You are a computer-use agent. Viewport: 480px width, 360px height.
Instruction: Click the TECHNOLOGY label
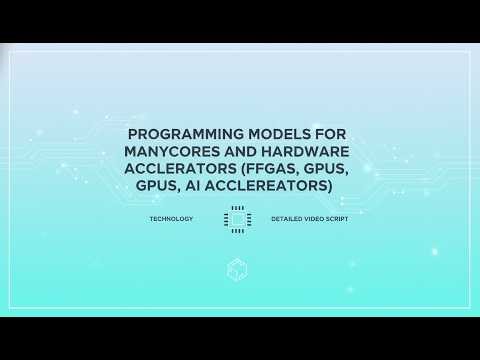click(171, 218)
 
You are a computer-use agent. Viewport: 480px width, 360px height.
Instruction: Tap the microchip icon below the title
click(237, 218)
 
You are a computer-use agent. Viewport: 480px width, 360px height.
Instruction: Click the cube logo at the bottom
click(237, 269)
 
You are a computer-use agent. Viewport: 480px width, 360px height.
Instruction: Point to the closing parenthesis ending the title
click(329, 186)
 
